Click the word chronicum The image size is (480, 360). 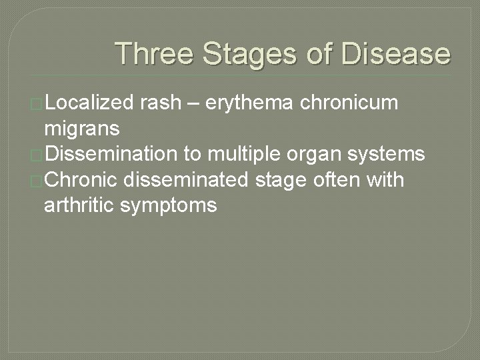tap(360, 104)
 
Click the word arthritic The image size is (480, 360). tap(79, 205)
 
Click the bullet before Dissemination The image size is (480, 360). tap(37, 155)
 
